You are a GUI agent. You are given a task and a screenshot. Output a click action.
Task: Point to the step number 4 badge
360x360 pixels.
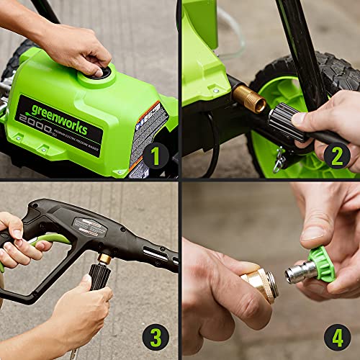click(x=337, y=336)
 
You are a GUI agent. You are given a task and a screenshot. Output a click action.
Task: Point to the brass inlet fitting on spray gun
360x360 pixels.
click(x=105, y=258)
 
